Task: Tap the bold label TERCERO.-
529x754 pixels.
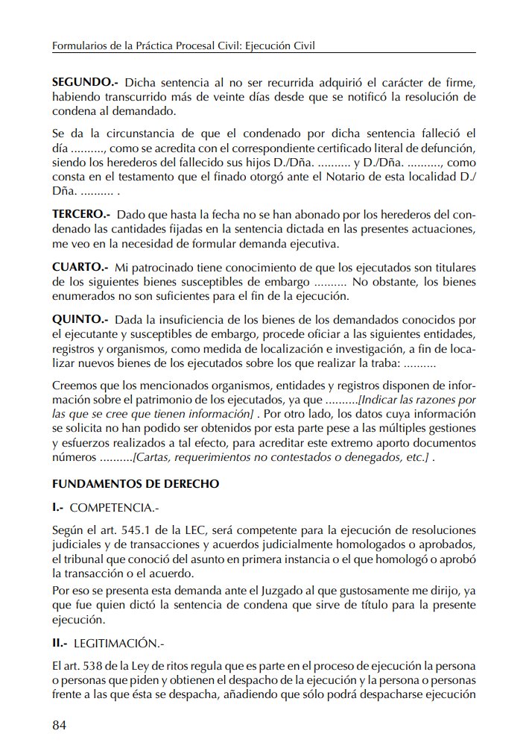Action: (81, 215)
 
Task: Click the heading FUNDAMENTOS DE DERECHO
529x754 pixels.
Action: (136, 483)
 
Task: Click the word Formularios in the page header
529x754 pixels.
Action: (81, 46)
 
